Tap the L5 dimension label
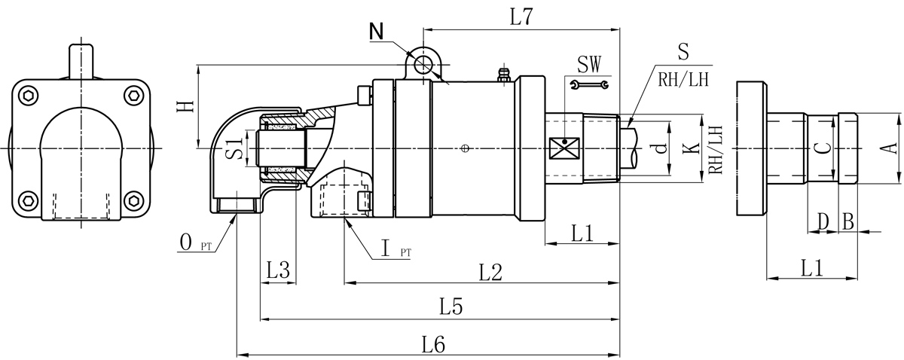coord(451,307)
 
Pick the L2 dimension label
coord(490,273)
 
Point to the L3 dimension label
coord(279,270)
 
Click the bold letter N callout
coord(377,32)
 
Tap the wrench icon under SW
coord(590,84)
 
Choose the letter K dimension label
coord(688,148)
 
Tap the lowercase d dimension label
coord(660,148)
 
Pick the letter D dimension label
coord(823,221)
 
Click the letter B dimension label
coord(847,221)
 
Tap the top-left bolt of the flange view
coord(29,95)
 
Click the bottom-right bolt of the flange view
coord(134,200)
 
